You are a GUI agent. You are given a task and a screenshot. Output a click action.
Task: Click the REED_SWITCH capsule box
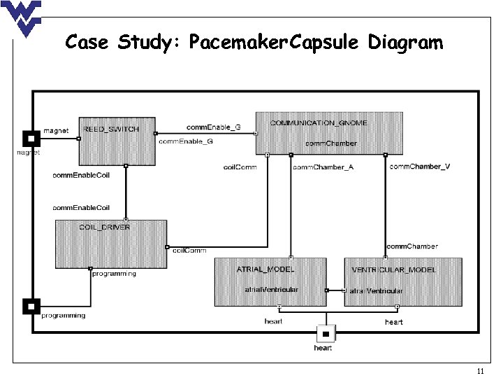tap(117, 140)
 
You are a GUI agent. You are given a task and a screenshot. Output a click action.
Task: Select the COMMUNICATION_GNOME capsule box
tap(330, 133)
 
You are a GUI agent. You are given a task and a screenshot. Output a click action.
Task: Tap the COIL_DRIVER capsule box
tap(111, 244)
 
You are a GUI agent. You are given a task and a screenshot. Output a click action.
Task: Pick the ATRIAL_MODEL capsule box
tap(270, 281)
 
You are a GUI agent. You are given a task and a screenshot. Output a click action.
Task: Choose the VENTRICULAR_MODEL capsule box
tap(402, 281)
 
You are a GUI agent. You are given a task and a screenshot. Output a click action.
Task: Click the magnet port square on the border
tap(31, 137)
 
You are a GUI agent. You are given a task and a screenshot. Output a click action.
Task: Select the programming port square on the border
tap(31, 306)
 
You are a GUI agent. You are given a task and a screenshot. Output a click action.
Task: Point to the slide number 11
tap(479, 370)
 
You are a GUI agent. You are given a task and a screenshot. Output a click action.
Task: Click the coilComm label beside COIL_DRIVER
tap(189, 250)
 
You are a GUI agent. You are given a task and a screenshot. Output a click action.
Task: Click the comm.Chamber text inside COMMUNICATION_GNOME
tap(332, 143)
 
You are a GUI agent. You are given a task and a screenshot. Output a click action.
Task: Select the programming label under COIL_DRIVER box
tap(114, 274)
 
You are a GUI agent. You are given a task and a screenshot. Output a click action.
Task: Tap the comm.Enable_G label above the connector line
tap(213, 127)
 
